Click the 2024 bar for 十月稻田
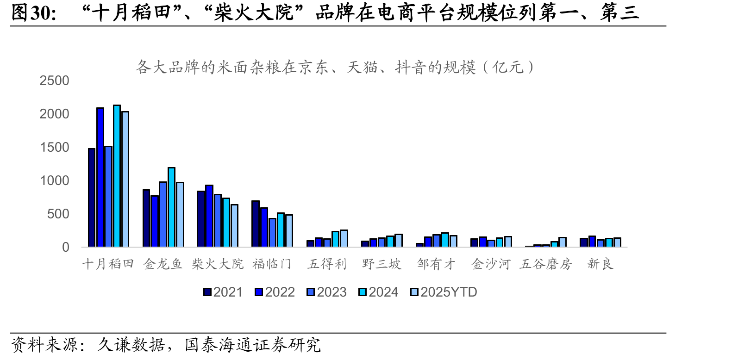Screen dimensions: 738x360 coord(117,176)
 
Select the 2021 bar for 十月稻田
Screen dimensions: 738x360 coord(92,198)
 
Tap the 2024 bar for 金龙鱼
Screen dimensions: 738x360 coord(171,207)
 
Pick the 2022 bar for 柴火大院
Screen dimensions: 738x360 coord(209,216)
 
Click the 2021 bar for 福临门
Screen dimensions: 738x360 coord(255,224)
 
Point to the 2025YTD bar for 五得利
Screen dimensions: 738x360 coord(344,238)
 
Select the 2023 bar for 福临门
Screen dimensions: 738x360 coord(272,233)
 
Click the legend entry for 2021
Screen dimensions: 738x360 coord(223,292)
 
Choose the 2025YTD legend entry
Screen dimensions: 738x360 coord(444,292)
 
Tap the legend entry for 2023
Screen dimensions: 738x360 coord(326,292)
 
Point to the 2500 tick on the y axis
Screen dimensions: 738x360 coord(54,81)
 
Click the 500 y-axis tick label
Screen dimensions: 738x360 coord(58,214)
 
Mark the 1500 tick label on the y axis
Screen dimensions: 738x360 coord(54,147)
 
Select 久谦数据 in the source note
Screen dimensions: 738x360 coord(131,345)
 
